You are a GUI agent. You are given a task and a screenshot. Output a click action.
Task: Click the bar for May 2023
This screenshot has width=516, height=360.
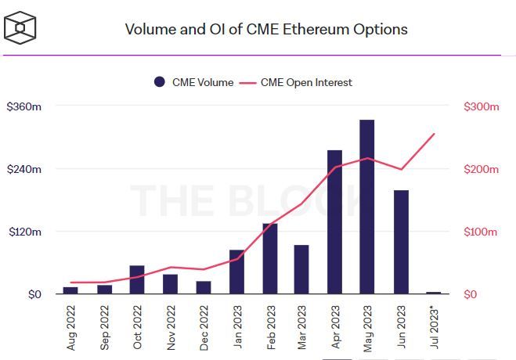366,207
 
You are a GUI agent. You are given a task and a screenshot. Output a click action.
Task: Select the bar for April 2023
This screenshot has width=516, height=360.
334,222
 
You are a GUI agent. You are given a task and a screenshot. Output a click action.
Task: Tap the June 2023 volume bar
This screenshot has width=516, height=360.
401,242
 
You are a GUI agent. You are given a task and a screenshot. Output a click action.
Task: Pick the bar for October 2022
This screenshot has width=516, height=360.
136,280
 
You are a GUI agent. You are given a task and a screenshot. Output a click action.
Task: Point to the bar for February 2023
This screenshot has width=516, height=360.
269,259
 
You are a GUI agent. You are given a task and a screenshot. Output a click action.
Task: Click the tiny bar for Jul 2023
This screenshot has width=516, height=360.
434,293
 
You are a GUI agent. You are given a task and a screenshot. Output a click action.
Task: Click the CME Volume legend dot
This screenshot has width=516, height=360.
160,82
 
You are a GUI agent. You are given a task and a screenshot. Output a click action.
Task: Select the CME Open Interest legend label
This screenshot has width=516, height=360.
306,82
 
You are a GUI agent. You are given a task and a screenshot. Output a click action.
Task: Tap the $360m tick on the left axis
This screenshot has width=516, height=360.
23,106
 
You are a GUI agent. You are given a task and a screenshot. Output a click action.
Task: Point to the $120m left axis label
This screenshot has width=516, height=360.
23,232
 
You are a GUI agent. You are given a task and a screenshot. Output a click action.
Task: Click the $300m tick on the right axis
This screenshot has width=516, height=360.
481,106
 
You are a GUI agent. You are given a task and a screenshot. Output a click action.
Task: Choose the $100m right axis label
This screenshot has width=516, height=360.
481,232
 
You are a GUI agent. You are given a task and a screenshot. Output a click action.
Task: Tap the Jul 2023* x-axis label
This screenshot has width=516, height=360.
435,326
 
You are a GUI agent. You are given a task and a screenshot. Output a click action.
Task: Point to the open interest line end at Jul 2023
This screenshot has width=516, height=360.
434,134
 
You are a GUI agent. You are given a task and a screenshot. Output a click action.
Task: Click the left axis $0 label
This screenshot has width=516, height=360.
34,295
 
